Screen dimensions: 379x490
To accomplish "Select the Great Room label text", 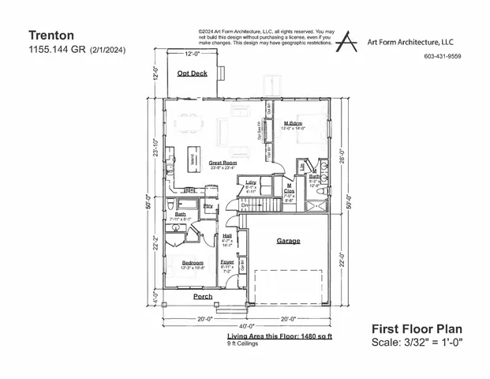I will point(223,163).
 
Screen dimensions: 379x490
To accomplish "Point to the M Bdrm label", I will point(294,124).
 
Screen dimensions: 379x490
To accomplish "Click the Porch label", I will point(204,296).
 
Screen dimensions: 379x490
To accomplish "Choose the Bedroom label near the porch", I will point(193,262).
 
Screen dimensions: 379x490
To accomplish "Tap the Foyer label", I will point(227,261).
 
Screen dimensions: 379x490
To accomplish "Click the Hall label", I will point(227,235).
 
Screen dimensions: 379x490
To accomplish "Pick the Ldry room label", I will point(252,182).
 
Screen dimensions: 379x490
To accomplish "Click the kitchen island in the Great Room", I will point(192,157).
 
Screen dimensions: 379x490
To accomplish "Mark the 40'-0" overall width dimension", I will point(245,326).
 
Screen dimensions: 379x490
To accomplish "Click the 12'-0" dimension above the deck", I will point(193,54).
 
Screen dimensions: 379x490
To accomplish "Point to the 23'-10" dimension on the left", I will point(157,148).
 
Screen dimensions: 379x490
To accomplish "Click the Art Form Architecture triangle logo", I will point(346,40).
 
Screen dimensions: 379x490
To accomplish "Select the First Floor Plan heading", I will point(416,328).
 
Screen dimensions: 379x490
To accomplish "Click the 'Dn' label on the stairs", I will point(245,205).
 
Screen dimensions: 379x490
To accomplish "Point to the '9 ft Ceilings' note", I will point(243,344).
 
